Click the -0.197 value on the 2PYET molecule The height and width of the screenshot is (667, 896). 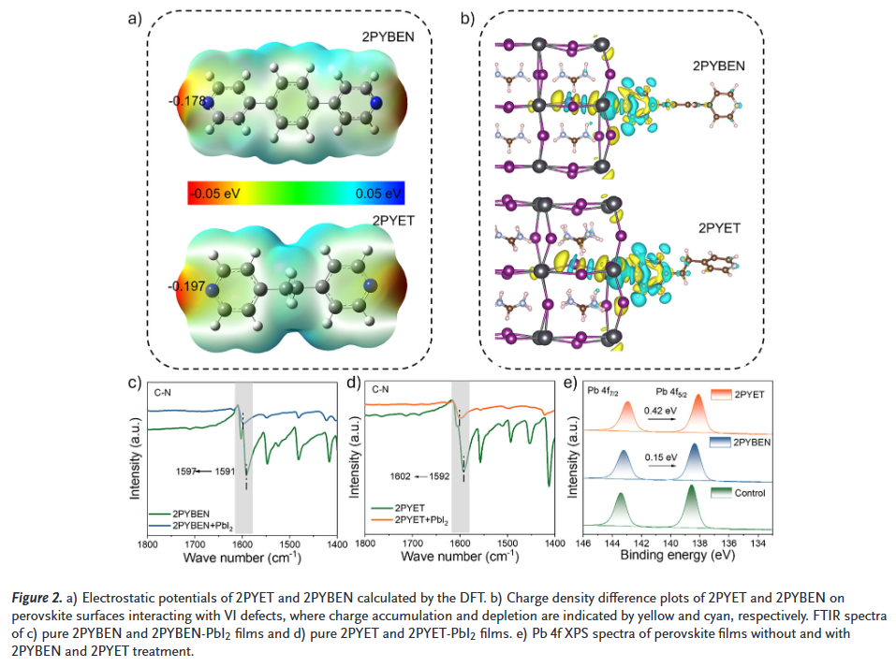pos(186,285)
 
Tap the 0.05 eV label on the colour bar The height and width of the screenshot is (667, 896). pos(378,194)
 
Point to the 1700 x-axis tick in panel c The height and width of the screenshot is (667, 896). pos(195,543)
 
